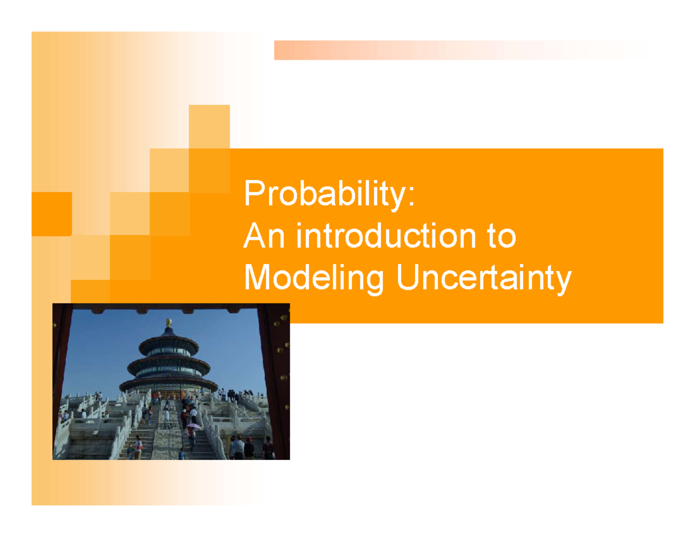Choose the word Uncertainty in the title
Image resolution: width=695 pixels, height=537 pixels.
484,280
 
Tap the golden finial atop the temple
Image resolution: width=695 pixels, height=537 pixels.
169,322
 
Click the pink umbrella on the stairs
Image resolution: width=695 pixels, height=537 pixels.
193,426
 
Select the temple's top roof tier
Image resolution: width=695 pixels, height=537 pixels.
168,341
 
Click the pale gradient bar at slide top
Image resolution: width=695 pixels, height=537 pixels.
452,50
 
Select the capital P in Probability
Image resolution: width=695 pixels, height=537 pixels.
253,194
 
